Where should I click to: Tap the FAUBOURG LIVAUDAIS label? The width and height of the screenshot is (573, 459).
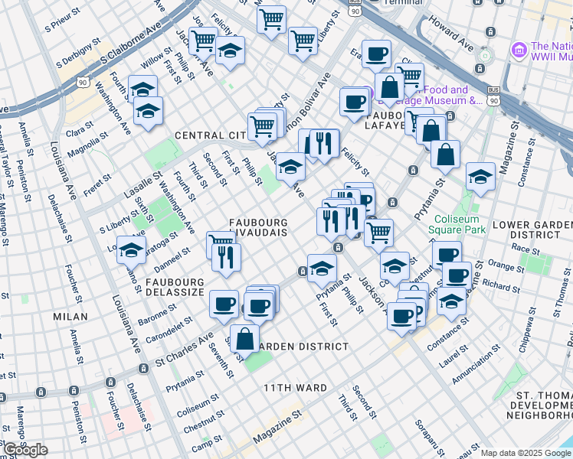pos(259,226)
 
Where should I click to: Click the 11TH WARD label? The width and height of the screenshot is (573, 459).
pos(296,388)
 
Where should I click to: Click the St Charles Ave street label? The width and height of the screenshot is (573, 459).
pos(184,350)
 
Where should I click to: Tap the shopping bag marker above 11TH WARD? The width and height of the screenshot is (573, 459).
pos(244,337)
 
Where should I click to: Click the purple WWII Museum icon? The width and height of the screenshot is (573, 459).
pos(519,50)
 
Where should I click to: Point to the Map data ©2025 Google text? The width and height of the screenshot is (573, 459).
pos(526,453)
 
